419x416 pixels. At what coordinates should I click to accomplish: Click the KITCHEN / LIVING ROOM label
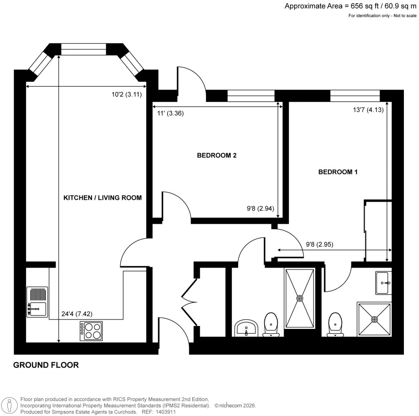102,198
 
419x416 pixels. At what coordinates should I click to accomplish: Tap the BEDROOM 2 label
217,155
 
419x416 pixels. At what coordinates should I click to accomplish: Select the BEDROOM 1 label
338,172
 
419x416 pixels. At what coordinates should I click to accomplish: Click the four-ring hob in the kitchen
91,331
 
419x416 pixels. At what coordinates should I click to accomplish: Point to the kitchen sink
37,302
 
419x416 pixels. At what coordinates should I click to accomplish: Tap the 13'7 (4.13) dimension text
368,110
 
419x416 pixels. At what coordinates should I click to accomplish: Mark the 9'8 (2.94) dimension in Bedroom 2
260,208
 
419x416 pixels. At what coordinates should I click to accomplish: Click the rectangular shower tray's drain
300,298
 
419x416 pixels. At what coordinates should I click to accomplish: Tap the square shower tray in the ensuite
374,319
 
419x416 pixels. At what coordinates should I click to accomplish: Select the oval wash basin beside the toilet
246,328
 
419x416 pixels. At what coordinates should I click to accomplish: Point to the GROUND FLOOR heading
46,365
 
